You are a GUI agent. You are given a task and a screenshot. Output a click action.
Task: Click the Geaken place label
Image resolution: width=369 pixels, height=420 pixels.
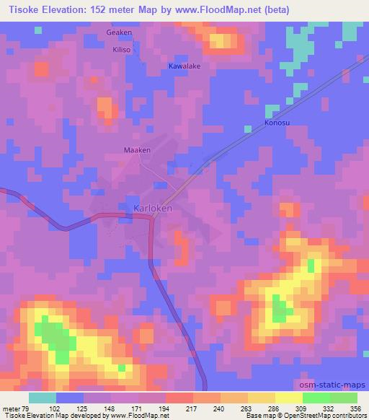(119, 33)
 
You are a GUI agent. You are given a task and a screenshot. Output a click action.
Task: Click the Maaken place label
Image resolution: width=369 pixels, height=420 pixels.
(137, 150)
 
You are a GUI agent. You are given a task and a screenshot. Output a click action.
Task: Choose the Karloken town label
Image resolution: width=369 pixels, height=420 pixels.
(153, 209)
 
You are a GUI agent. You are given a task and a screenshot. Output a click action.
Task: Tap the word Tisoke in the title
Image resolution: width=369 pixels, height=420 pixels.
(21, 9)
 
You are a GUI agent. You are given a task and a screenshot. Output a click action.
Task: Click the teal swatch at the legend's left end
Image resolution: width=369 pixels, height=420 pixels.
(42, 398)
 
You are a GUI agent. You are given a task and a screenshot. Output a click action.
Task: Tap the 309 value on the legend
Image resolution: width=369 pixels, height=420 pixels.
(293, 408)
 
